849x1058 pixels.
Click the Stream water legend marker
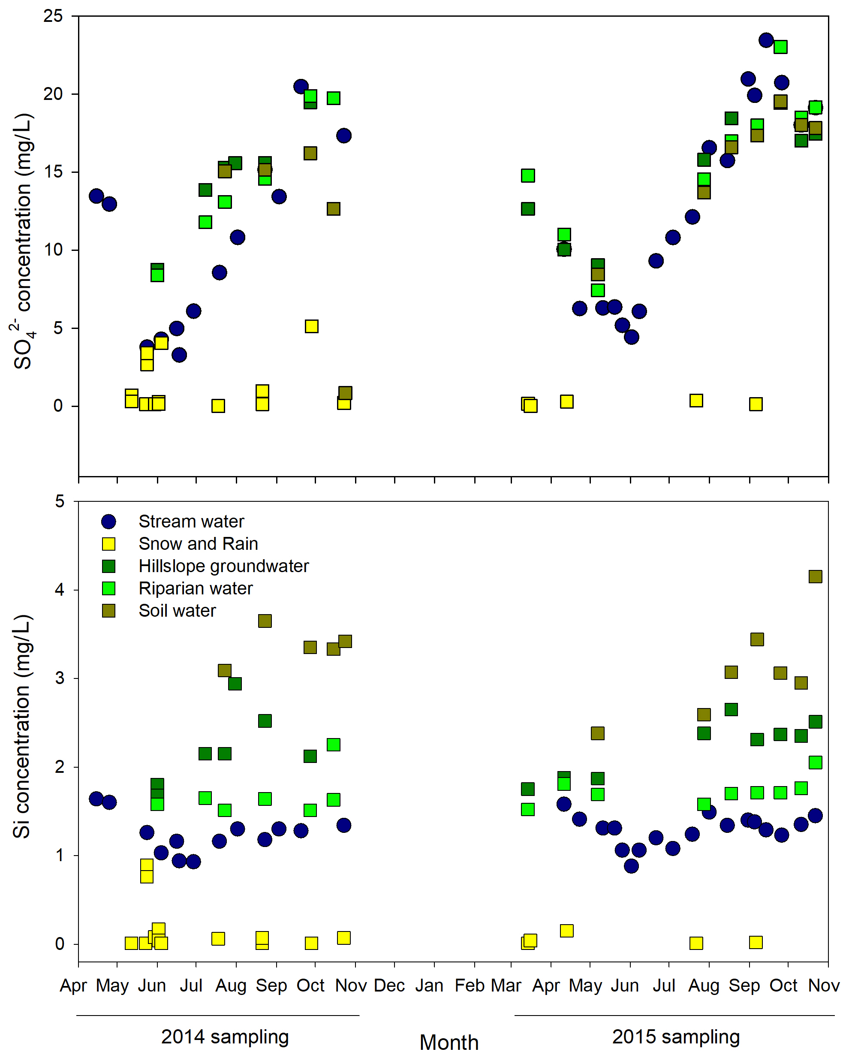tap(108, 521)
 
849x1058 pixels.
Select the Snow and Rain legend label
tap(198, 544)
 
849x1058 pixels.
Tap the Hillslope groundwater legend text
tap(223, 566)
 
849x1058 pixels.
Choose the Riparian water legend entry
tap(196, 588)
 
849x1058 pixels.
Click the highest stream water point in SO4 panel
tap(765, 40)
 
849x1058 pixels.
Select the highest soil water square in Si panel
tap(815, 576)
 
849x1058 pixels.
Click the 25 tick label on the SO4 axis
tap(53, 16)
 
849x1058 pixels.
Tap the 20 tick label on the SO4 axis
tap(53, 94)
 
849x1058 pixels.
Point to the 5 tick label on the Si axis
tap(59, 501)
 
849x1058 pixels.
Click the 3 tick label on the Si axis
tap(59, 678)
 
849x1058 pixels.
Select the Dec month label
tap(389, 986)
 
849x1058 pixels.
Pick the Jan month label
tap(429, 986)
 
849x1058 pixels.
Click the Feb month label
tap(470, 986)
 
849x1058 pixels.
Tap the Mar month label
tap(506, 986)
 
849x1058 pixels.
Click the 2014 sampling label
tap(225, 1037)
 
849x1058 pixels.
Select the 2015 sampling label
tap(676, 1037)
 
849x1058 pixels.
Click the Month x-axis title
tap(449, 1042)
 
